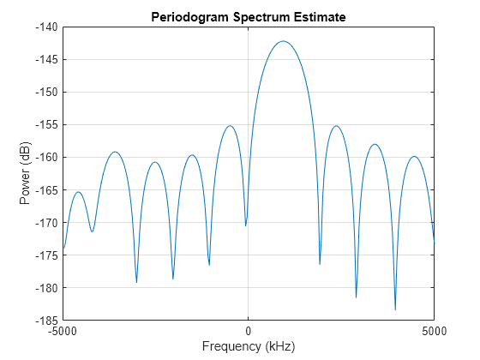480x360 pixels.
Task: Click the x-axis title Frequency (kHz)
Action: (x=248, y=347)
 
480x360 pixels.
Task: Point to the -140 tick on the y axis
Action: (x=45, y=27)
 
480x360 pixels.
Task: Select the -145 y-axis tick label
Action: (x=45, y=59)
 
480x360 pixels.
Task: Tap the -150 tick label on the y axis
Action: (x=45, y=92)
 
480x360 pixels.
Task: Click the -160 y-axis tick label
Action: (x=45, y=157)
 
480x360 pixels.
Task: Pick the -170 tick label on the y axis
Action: (x=45, y=222)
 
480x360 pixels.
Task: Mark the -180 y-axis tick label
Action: (x=45, y=287)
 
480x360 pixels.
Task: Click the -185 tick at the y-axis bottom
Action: (x=45, y=320)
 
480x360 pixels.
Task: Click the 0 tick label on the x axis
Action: (x=248, y=331)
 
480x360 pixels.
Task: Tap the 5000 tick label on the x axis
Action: (x=433, y=331)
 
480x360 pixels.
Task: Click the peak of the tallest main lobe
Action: (x=284, y=41)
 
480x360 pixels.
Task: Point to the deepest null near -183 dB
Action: (x=395, y=309)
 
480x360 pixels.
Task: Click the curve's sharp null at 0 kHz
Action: (x=246, y=225)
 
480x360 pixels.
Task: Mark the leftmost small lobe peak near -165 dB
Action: (x=79, y=192)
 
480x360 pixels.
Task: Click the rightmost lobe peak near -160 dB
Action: (x=414, y=157)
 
